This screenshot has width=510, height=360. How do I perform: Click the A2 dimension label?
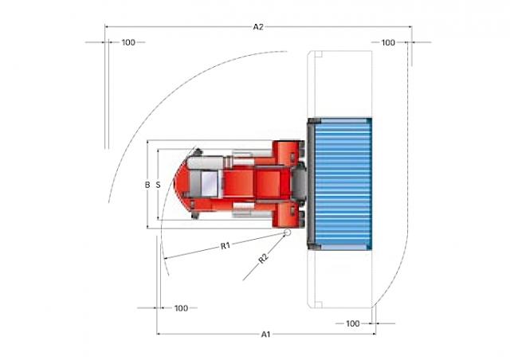click(258, 27)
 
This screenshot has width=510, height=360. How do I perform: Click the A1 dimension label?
click(265, 335)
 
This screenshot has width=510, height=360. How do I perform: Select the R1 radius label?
click(226, 245)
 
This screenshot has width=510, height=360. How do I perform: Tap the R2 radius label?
click(264, 258)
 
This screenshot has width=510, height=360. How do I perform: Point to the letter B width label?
click(147, 185)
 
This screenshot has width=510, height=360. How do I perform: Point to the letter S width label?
click(158, 185)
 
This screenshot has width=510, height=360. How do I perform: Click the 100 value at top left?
click(128, 42)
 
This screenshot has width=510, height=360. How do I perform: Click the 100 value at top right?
click(388, 42)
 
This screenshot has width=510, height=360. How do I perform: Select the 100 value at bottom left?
click(181, 308)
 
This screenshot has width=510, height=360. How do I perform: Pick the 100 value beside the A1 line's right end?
click(353, 323)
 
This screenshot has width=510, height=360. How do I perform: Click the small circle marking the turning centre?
click(287, 233)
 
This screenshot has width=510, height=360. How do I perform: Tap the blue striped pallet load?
click(343, 184)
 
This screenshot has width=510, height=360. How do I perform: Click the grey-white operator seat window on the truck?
click(209, 184)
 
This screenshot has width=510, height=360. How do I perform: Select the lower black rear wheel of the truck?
click(195, 216)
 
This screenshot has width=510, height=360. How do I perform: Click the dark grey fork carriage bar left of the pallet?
click(311, 184)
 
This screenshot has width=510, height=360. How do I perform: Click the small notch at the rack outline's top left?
click(319, 54)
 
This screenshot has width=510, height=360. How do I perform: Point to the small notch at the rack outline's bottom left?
click(319, 305)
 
